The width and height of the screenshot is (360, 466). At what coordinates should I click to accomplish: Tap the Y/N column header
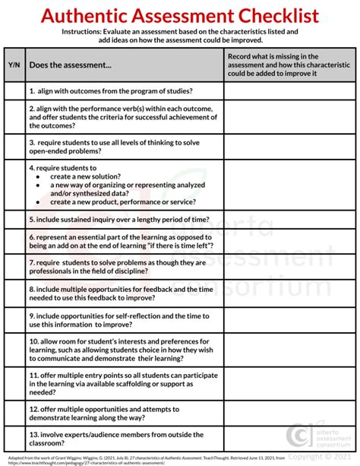pos(14,65)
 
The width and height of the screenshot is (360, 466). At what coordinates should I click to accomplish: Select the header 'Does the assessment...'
pos(71,65)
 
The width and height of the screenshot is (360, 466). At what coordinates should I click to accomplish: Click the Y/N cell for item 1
pos(14,90)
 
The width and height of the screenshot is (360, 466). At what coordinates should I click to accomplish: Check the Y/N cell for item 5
pos(14,219)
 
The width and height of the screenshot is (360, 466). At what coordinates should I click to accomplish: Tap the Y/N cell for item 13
pos(14,437)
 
